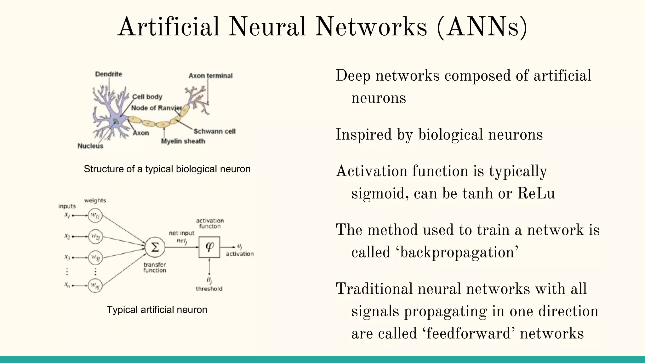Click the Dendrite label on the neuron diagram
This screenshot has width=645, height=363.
tap(108, 74)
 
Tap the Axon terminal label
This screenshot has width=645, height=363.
tap(210, 76)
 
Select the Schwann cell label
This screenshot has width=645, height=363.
tap(214, 131)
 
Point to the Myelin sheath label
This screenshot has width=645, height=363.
tap(183, 141)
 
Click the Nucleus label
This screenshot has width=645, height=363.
tap(90, 146)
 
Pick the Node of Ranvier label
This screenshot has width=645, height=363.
tap(157, 108)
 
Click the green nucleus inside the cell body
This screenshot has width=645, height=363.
tap(116, 121)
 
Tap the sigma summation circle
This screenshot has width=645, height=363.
tap(155, 247)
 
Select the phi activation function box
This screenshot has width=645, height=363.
tap(209, 247)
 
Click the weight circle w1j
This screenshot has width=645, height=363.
tap(95, 216)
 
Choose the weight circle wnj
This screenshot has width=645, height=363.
tap(95, 285)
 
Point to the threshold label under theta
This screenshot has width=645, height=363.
tap(209, 289)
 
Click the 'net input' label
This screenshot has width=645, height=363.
tap(181, 233)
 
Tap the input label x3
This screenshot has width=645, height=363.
tap(67, 257)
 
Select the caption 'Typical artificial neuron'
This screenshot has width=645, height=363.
tap(157, 309)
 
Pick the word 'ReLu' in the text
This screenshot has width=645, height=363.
tap(536, 193)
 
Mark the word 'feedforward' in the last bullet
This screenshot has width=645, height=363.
tap(468, 333)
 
